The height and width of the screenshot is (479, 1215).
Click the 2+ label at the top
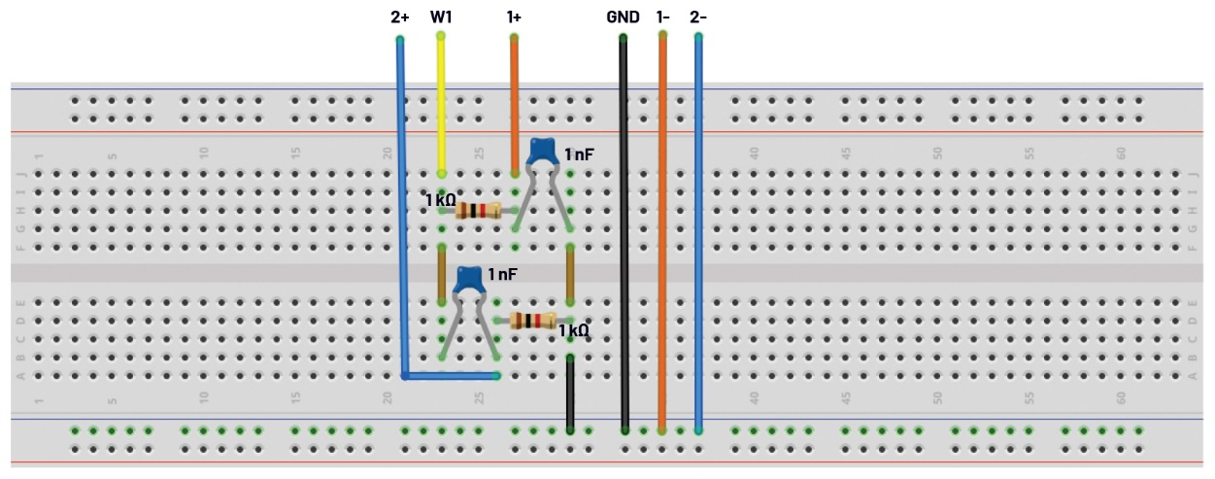click(x=400, y=17)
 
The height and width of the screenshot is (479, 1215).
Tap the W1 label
click(x=441, y=17)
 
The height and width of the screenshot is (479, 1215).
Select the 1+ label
click(x=514, y=17)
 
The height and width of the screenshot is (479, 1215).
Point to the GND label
click(x=623, y=17)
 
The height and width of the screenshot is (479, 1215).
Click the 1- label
click(x=662, y=17)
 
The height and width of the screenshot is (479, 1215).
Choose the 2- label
click(x=698, y=17)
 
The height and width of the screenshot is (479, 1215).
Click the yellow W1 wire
click(x=442, y=105)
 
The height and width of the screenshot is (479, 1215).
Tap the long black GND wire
click(x=624, y=234)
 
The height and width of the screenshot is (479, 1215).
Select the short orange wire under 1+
click(x=514, y=105)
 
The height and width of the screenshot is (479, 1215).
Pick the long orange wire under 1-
click(x=662, y=233)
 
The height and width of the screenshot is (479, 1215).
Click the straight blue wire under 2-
click(x=698, y=234)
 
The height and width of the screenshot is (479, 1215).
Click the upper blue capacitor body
click(x=542, y=151)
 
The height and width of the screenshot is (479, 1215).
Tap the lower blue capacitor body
click(x=469, y=279)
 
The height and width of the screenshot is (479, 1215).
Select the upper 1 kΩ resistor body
click(x=478, y=211)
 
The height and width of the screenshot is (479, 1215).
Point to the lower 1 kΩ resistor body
click(x=532, y=321)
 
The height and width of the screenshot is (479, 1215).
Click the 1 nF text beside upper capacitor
click(x=579, y=154)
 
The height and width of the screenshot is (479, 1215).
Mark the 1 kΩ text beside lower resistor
click(x=574, y=330)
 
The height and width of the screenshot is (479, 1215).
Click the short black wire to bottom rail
click(x=570, y=393)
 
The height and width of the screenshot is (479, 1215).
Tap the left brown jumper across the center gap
click(x=442, y=275)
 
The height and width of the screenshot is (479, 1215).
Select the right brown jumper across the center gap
click(x=570, y=275)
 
